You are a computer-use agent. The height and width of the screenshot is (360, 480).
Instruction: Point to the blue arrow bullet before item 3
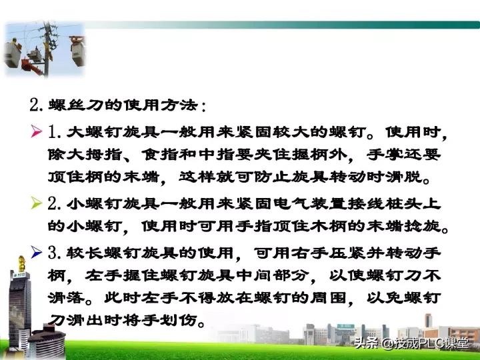(37, 253)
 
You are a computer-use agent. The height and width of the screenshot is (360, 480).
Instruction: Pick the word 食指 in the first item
(158, 155)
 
